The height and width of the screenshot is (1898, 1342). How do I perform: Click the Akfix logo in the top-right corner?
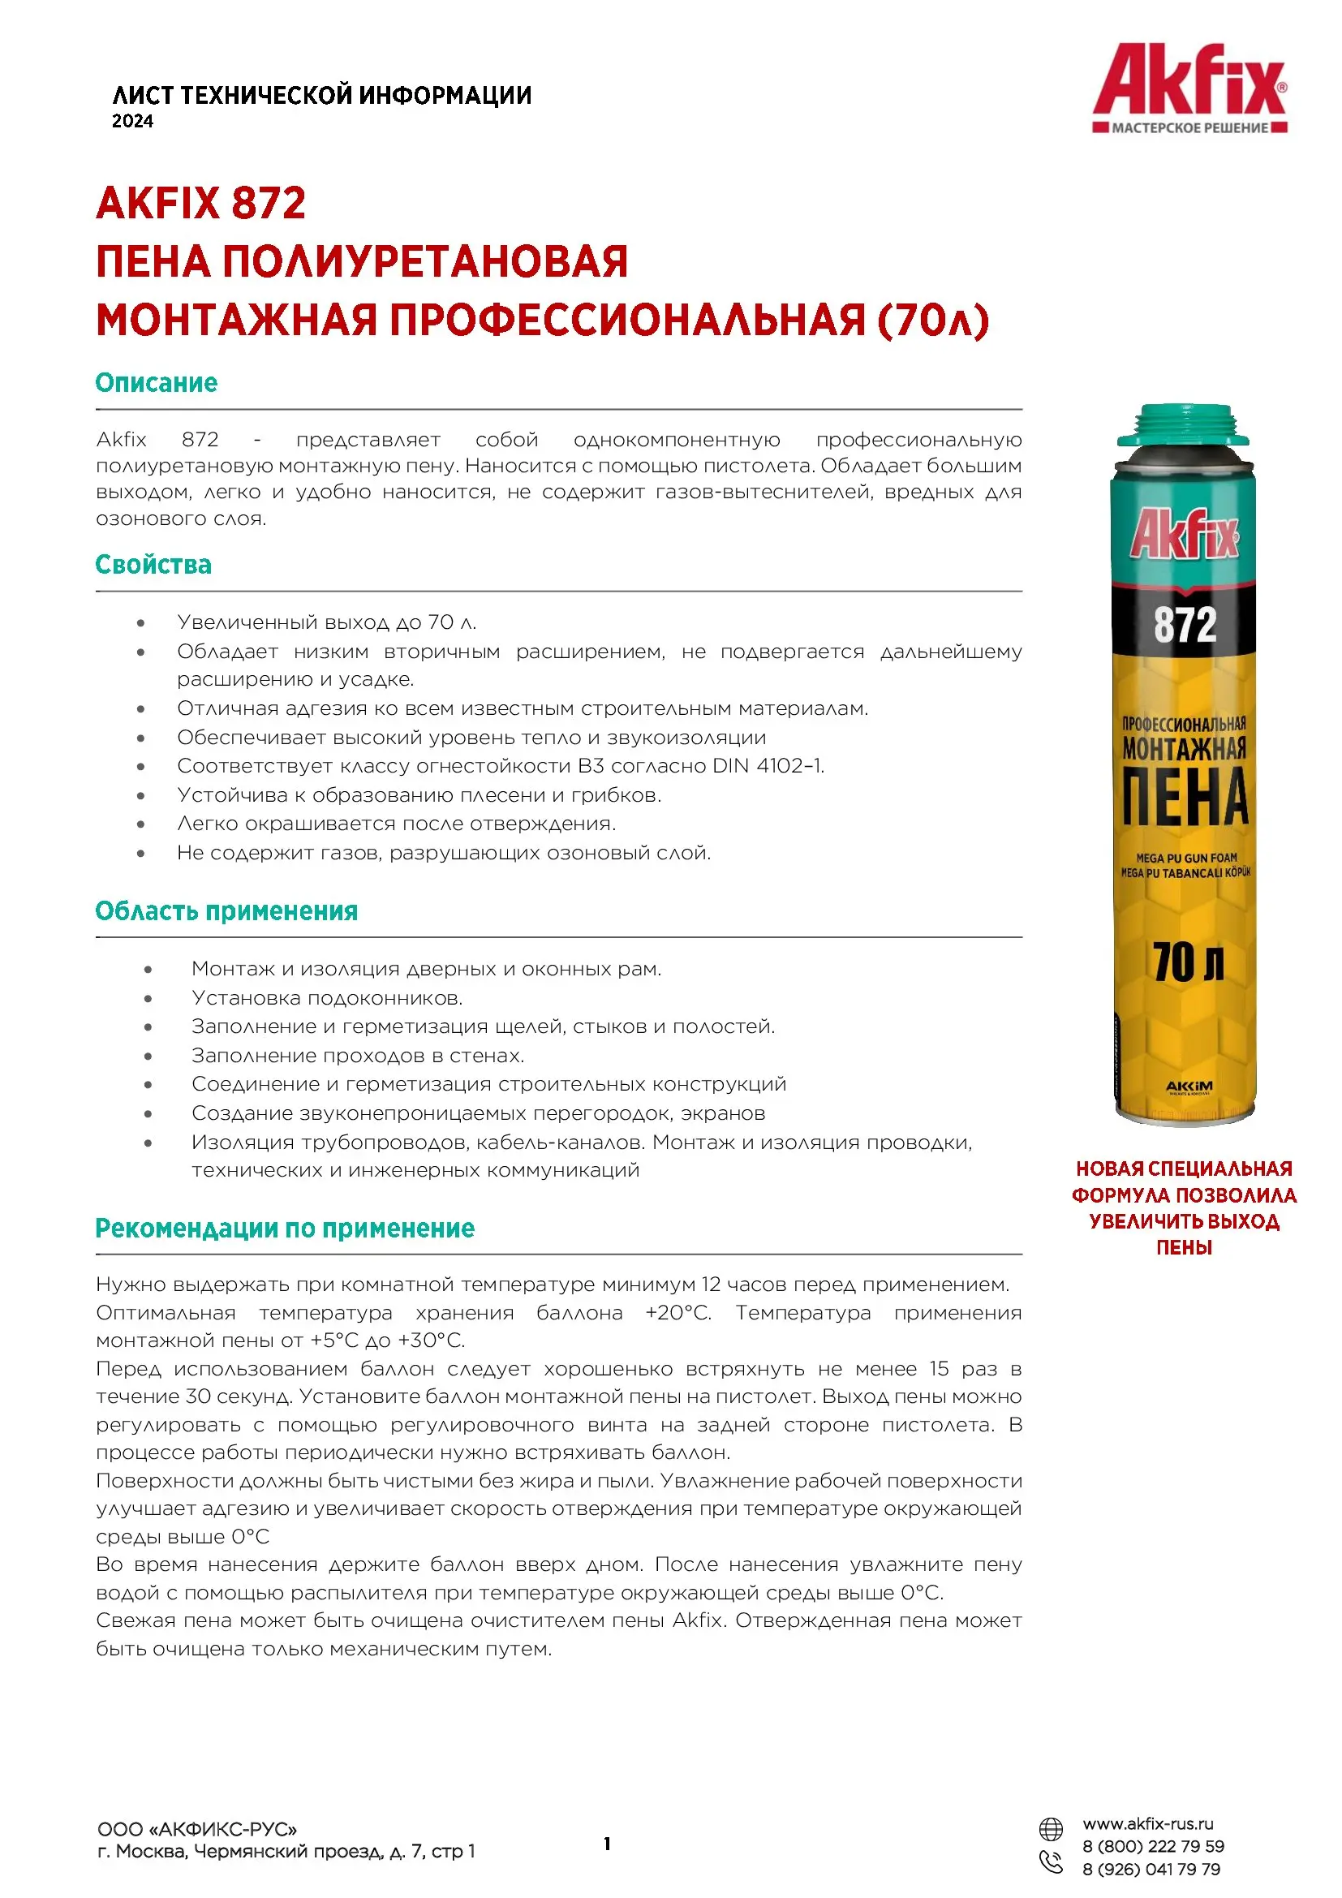[x=1189, y=88]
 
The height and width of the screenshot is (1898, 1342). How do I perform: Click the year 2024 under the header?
[x=132, y=122]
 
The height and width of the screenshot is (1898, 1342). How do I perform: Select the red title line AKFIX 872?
[x=200, y=204]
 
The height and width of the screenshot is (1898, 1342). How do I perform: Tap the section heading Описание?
[x=156, y=383]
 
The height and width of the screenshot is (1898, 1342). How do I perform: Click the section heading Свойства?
[x=153, y=565]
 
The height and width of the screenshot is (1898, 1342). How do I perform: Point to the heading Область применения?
[x=226, y=911]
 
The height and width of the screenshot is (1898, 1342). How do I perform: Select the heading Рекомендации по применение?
[x=285, y=1229]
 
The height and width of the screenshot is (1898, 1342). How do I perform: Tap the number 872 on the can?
[x=1185, y=624]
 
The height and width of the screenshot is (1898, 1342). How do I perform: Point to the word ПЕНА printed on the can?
[x=1185, y=798]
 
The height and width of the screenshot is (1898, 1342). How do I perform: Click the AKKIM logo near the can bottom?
[x=1189, y=1086]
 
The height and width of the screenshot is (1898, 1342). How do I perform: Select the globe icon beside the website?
[x=1050, y=1828]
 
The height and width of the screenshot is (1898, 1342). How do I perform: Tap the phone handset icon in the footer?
[x=1050, y=1861]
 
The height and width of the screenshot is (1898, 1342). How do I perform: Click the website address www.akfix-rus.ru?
[x=1148, y=1823]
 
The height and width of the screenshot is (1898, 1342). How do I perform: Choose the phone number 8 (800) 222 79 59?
[x=1153, y=1846]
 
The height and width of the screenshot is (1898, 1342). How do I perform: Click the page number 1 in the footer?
[x=608, y=1844]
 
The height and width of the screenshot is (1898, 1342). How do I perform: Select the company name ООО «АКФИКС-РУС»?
[x=196, y=1829]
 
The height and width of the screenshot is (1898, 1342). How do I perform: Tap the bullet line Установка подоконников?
[x=326, y=998]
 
